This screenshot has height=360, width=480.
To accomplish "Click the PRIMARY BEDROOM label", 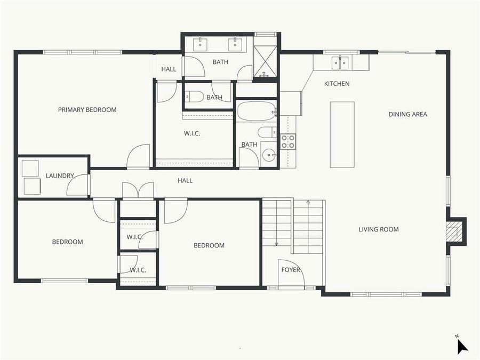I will coord(87,110).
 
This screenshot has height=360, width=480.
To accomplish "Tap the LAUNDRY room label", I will coord(60,176).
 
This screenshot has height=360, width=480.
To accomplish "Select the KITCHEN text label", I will coord(337,84).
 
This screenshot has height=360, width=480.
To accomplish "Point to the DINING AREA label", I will coord(407,114).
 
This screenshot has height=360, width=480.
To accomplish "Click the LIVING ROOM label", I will coord(379,229).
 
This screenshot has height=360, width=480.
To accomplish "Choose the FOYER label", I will coord(291,270).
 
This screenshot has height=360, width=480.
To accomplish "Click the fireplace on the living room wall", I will coord(454,231).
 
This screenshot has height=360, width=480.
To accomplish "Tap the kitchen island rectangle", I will coord(342,134).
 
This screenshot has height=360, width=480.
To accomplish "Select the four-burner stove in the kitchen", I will coord(288,141).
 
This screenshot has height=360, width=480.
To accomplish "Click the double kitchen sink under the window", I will coord(340,63).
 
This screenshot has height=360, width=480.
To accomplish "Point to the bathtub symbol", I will coord(256,112).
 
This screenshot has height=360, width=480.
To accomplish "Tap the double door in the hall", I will coord(138,190).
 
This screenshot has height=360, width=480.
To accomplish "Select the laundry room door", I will coord(77,185).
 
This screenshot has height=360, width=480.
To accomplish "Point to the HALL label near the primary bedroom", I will coord(169,69).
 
